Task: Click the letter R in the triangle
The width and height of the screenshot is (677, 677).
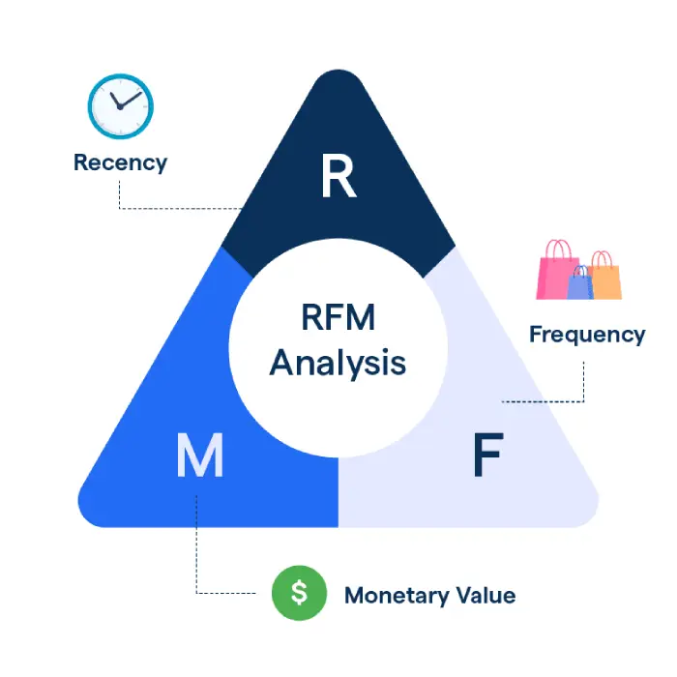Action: [338, 176]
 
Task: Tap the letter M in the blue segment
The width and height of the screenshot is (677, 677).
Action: [199, 456]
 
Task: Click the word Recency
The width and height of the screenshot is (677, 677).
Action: [120, 162]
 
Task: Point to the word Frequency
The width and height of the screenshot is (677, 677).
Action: [586, 335]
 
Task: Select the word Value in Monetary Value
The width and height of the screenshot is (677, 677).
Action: [486, 595]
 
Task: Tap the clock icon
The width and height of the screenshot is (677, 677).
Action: [121, 105]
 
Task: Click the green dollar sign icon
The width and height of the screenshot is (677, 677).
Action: [299, 593]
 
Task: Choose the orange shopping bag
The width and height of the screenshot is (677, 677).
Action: [604, 280]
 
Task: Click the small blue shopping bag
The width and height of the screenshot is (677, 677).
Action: [580, 284]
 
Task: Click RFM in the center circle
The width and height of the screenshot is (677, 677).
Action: [338, 318]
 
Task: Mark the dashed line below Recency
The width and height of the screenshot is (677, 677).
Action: [119, 193]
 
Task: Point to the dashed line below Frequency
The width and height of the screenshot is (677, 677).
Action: [583, 382]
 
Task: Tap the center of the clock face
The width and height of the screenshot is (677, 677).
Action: [120, 105]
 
